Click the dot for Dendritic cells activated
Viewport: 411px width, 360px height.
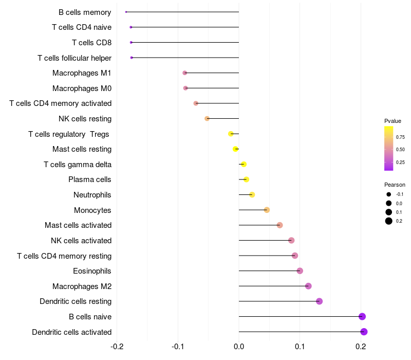(x=364, y=332)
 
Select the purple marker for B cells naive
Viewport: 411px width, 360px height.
(x=362, y=316)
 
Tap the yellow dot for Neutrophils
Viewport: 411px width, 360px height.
(x=252, y=195)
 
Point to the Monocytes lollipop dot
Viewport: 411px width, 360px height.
(x=267, y=210)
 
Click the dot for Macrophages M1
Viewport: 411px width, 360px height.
(x=185, y=73)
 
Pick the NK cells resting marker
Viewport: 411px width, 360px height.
(x=207, y=119)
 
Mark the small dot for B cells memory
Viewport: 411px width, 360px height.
(x=126, y=12)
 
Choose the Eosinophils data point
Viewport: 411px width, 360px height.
(x=300, y=271)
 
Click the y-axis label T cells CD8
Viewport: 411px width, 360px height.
(x=92, y=43)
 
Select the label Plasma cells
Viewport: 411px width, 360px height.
(x=89, y=179)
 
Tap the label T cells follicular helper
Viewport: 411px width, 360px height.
(x=74, y=58)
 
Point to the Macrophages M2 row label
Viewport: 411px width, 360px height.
(x=82, y=286)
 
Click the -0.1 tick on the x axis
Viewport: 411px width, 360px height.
(x=178, y=347)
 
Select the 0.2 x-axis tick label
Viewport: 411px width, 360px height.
(x=361, y=347)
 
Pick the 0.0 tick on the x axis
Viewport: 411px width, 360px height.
(x=239, y=347)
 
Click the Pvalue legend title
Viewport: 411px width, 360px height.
(x=393, y=121)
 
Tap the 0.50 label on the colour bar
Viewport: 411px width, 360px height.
(x=400, y=150)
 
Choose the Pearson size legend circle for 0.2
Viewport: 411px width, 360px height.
(x=389, y=221)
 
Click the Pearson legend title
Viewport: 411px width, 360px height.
(x=395, y=185)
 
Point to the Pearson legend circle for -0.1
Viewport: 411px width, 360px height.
(x=389, y=194)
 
